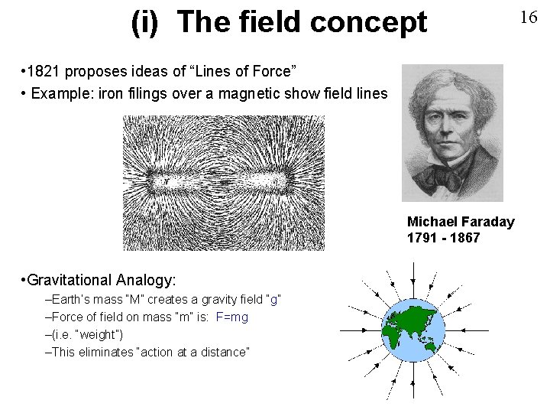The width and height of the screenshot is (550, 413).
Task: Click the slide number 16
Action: point(529,18)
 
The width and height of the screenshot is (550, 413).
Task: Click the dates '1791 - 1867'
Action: point(443,238)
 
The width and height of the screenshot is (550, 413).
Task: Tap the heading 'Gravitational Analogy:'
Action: point(100,280)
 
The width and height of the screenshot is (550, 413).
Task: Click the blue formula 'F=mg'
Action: point(232,317)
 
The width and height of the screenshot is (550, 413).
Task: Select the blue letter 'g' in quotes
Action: point(273,299)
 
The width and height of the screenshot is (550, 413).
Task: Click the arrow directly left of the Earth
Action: point(359,330)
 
